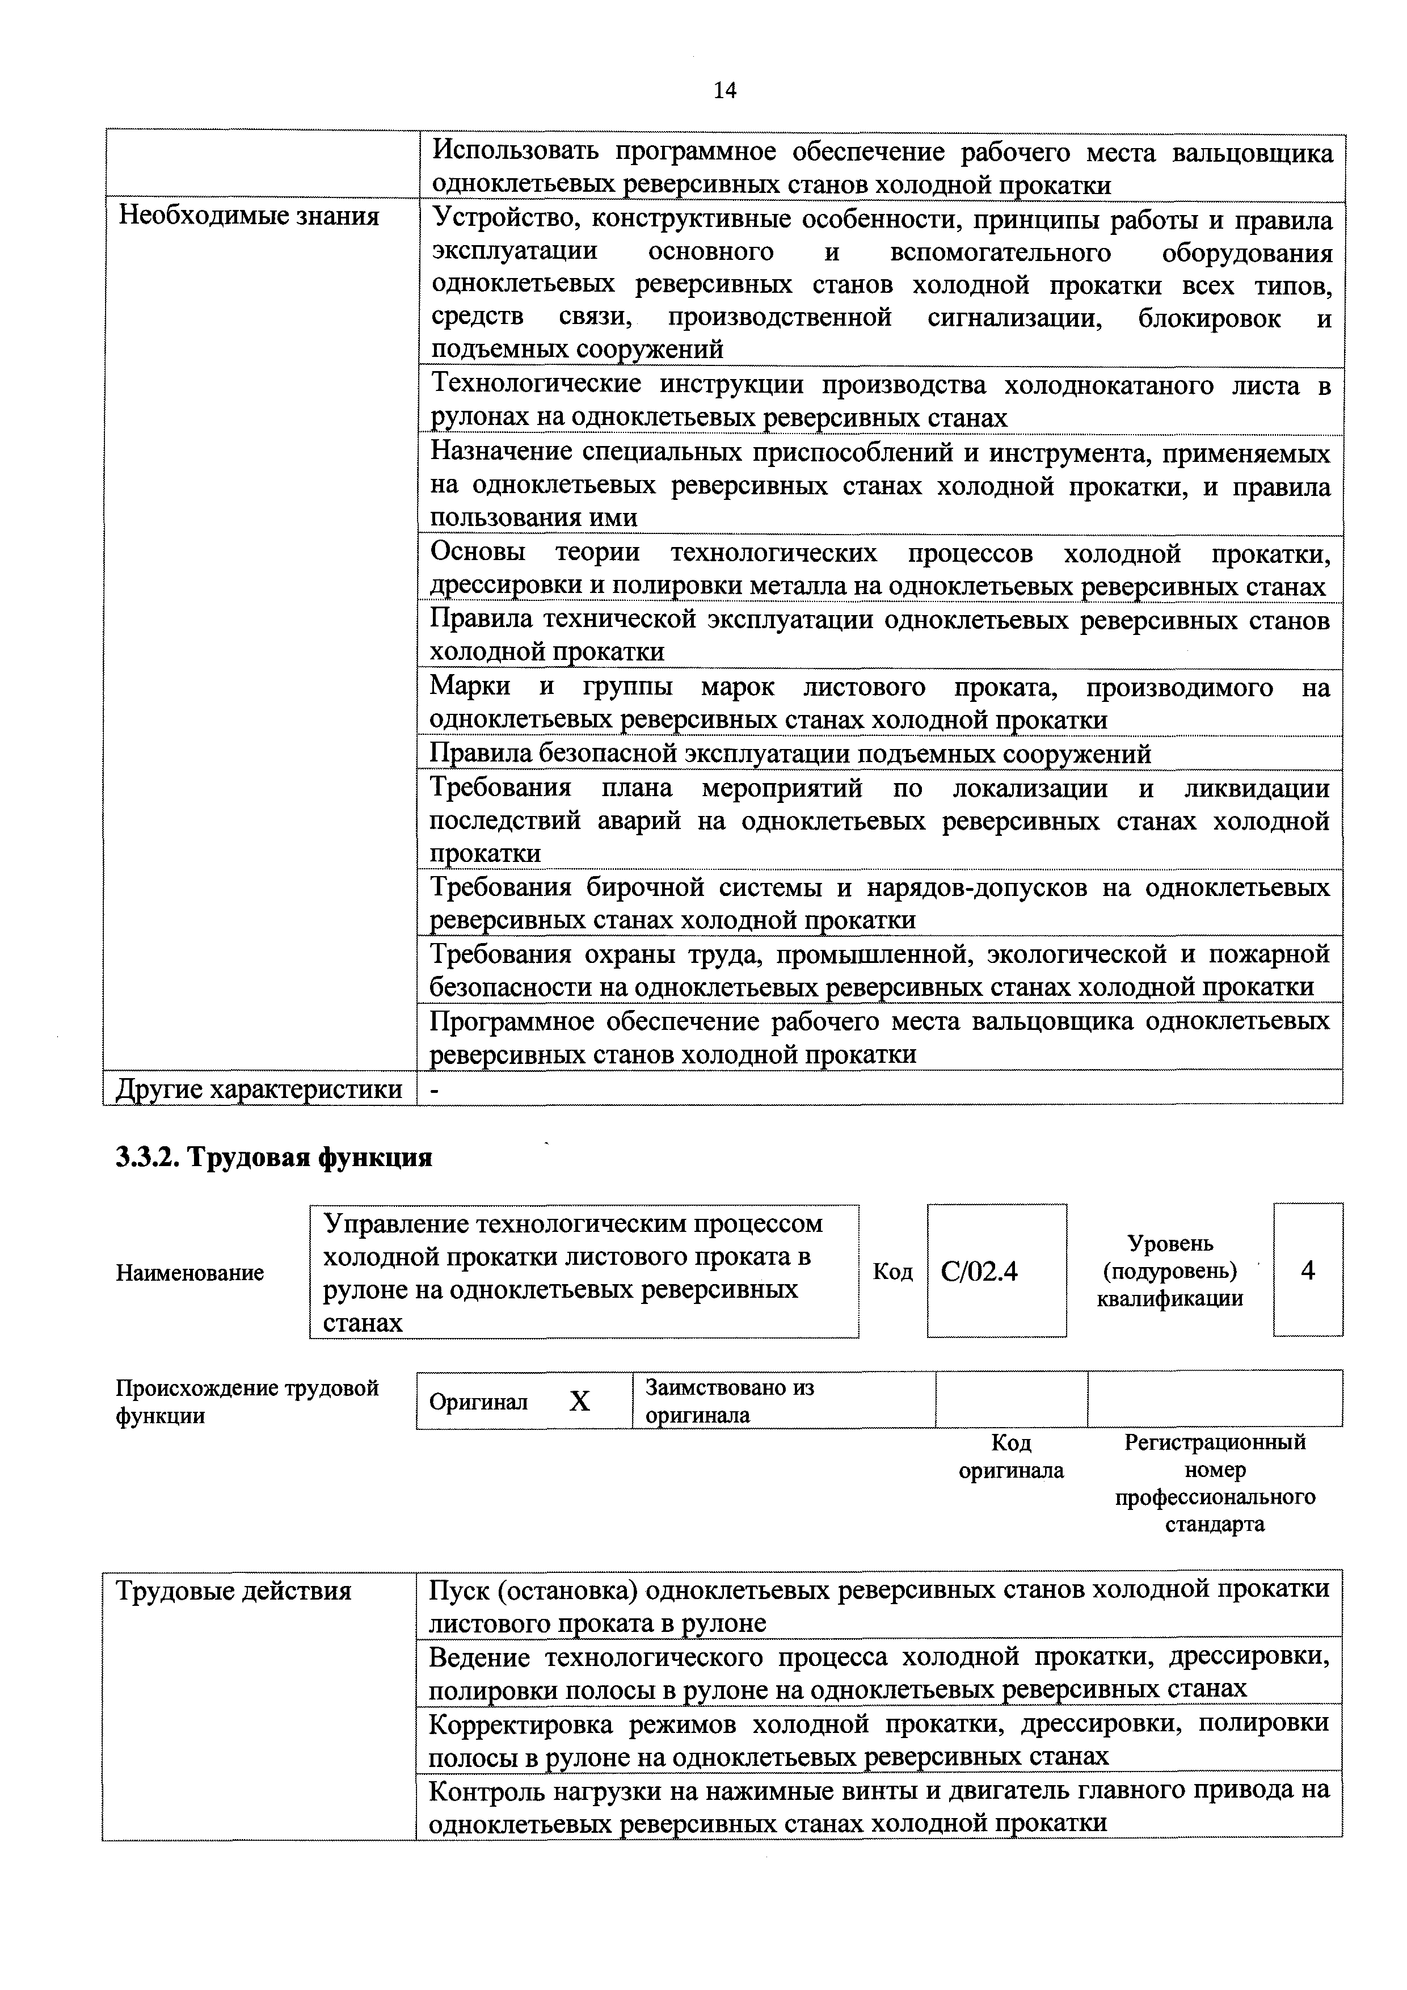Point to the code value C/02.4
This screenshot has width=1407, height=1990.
tap(979, 1272)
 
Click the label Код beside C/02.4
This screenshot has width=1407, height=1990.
tap(892, 1272)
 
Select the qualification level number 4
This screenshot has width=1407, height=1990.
tap(1307, 1270)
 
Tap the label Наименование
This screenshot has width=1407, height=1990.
tap(189, 1273)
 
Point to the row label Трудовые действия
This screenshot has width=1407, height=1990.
tap(234, 1591)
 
